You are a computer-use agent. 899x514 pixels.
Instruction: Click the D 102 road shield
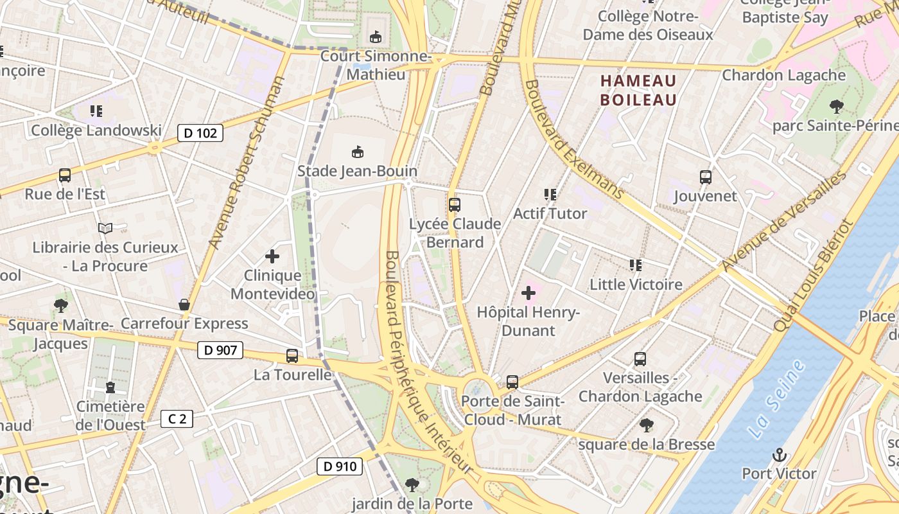tap(200, 133)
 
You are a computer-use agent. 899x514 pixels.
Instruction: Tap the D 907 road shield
tap(220, 350)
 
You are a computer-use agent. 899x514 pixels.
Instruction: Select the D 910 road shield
tap(340, 466)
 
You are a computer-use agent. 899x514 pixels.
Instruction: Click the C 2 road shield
tap(177, 420)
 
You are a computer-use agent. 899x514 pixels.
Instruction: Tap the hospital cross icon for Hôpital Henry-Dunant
tap(528, 294)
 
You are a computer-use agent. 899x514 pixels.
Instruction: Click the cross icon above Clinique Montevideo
tap(272, 257)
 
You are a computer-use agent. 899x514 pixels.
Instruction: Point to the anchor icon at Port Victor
tap(779, 455)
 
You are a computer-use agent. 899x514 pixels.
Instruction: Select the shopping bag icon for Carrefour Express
tap(184, 305)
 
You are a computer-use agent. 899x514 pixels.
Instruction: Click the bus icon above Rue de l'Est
tap(65, 175)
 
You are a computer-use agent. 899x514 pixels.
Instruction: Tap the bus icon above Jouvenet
tap(705, 177)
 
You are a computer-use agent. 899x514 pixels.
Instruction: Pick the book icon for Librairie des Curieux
tap(105, 228)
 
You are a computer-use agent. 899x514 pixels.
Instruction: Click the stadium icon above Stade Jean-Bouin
tap(357, 152)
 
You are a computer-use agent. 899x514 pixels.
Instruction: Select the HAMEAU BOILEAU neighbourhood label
tap(638, 90)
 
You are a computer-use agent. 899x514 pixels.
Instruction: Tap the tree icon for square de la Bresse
tap(647, 425)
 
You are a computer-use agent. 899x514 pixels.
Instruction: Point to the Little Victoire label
tap(636, 284)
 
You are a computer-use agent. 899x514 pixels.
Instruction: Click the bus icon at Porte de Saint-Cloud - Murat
tap(512, 382)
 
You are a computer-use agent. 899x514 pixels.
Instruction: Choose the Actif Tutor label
tap(550, 213)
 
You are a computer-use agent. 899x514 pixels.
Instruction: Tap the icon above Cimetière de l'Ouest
tap(110, 387)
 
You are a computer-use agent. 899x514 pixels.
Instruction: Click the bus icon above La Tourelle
tap(292, 355)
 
